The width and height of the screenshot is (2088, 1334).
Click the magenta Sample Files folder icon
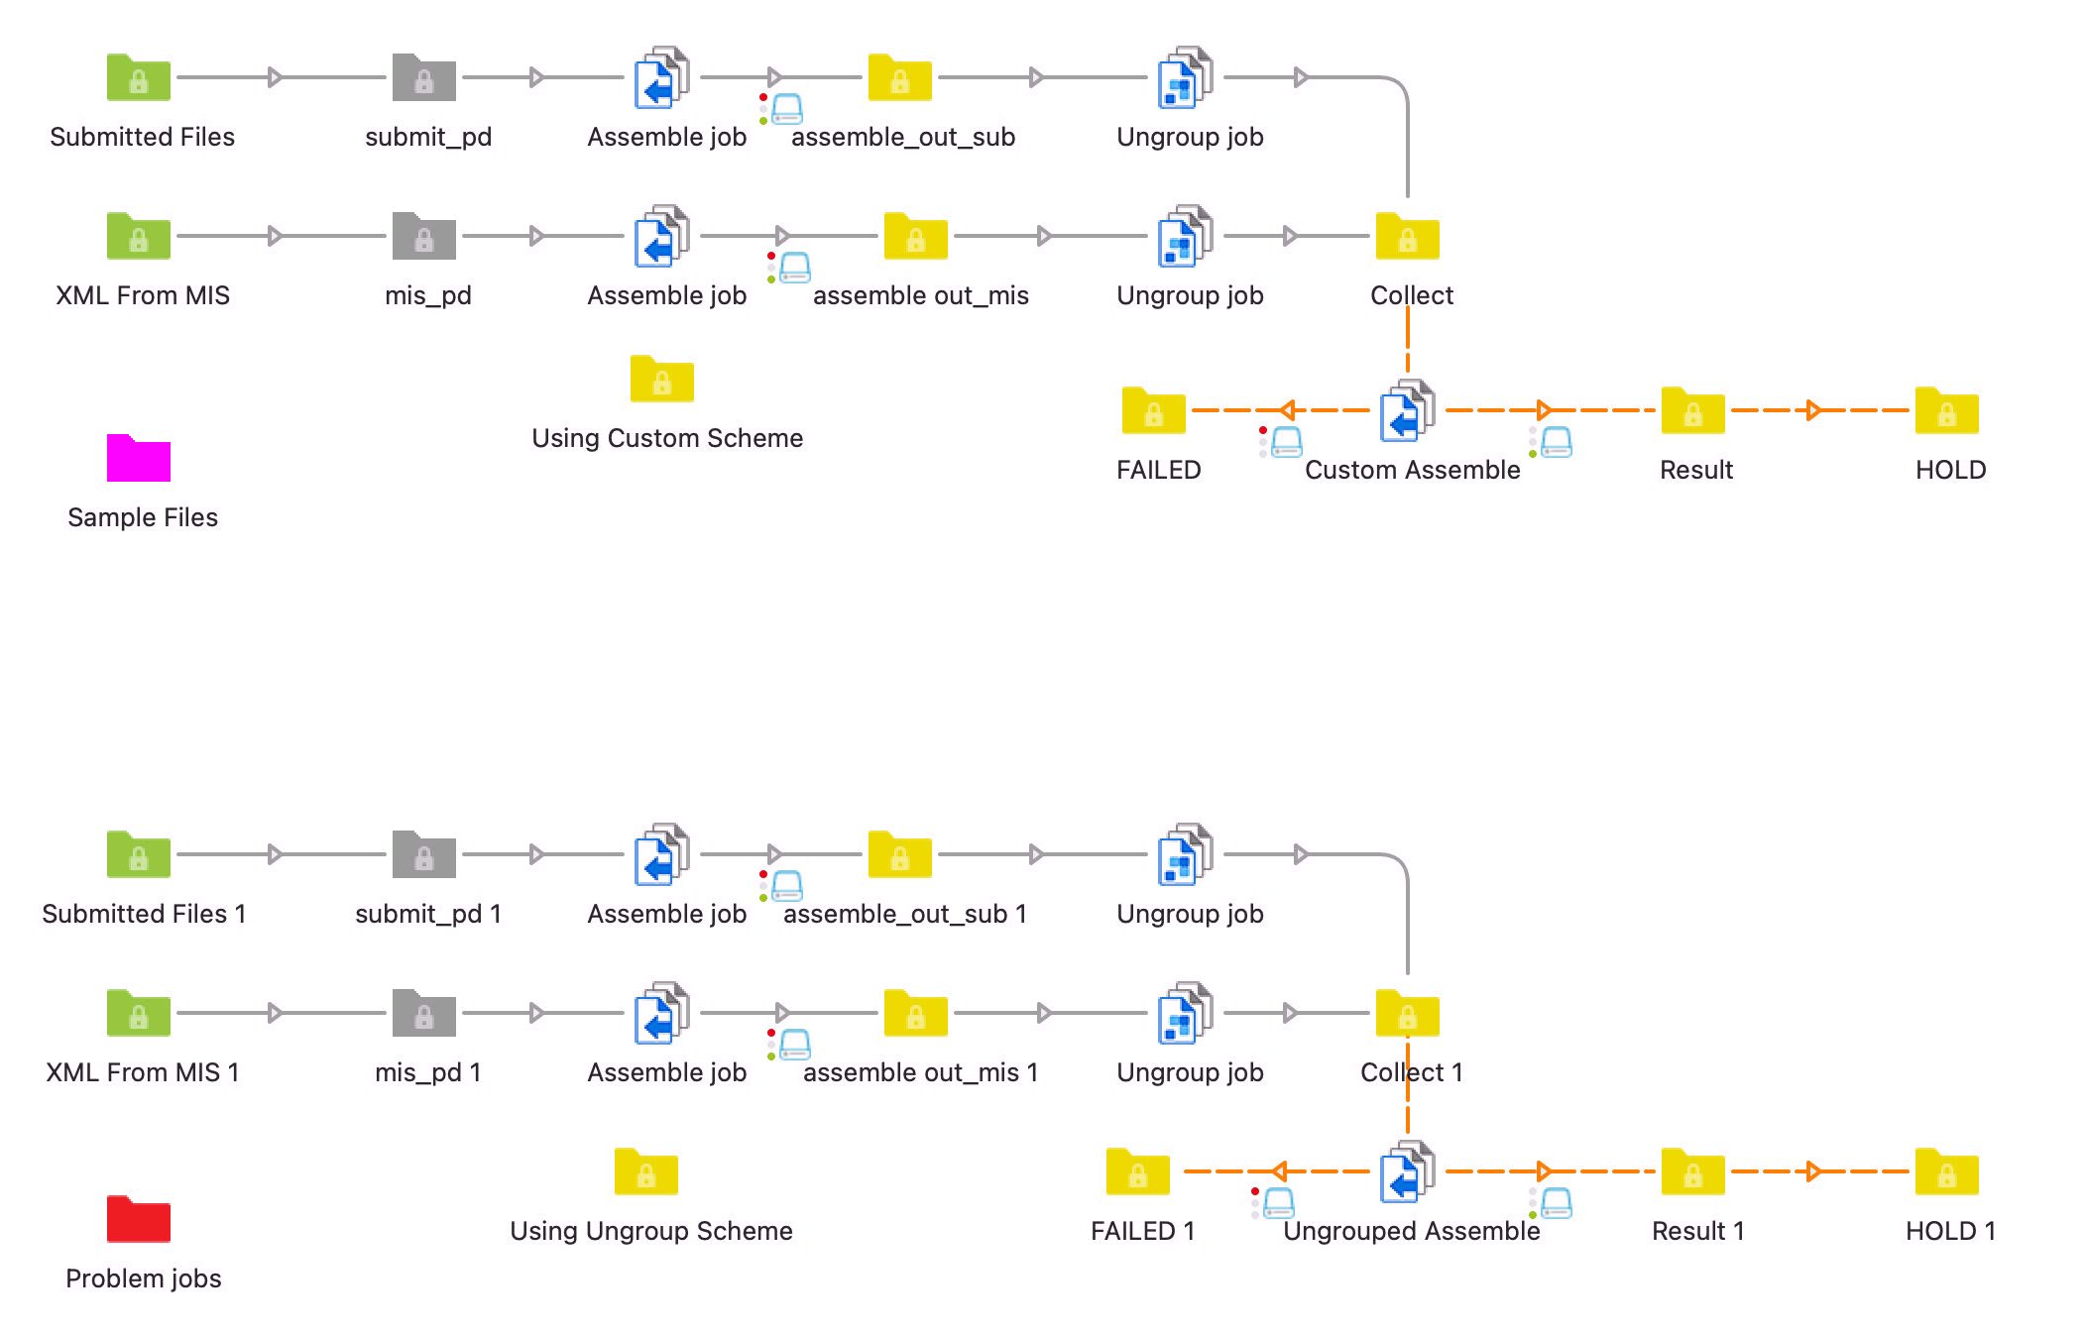(138, 459)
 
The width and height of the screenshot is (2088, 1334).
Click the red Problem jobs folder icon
(138, 1220)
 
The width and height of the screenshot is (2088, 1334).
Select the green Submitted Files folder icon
(138, 78)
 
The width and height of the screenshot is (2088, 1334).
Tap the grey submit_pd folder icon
(423, 78)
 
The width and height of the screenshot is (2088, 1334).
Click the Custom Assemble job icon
(1407, 410)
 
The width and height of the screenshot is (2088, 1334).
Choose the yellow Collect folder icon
(1407, 238)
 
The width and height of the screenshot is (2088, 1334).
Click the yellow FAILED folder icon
(1153, 411)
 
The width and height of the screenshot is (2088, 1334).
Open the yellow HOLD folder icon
(1946, 411)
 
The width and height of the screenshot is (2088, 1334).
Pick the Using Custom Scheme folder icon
(661, 380)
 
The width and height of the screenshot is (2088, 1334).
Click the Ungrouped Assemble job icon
(1407, 1171)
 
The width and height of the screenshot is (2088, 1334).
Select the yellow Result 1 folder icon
(1692, 1172)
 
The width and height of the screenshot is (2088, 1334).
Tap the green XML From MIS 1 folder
(138, 1014)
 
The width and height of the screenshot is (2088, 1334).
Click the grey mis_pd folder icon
(423, 237)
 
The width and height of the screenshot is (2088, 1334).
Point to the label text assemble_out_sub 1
(904, 914)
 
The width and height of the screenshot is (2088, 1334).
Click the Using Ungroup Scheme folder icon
(645, 1172)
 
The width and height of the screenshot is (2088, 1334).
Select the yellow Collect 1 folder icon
(1407, 1014)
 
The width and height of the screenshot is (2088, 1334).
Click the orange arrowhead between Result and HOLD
(1813, 410)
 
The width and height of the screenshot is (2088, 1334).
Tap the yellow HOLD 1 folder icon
(1946, 1172)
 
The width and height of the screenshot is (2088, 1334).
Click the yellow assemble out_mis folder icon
(915, 237)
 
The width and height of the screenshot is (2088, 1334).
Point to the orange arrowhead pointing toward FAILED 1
(1279, 1171)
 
